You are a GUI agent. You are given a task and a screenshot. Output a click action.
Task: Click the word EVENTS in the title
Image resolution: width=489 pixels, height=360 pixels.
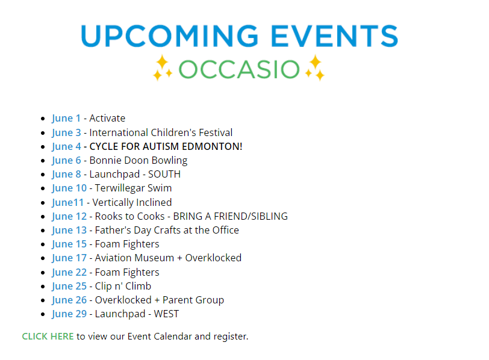[335, 36]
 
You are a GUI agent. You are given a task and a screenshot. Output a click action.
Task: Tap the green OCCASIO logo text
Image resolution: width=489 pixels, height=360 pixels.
[239, 69]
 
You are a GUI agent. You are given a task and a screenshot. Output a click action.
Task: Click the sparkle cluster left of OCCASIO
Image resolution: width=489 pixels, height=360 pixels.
[163, 67]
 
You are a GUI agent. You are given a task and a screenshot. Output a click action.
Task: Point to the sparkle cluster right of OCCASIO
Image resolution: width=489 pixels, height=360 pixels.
[315, 67]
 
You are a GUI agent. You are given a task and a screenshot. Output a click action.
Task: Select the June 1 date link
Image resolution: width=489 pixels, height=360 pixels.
[66, 119]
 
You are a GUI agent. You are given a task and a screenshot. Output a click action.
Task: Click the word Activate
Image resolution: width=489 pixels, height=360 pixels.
[107, 118]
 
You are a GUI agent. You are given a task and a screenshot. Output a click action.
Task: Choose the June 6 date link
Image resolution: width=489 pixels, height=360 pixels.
[66, 161]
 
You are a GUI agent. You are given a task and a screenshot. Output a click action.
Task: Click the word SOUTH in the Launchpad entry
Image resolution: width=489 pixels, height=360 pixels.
[164, 174]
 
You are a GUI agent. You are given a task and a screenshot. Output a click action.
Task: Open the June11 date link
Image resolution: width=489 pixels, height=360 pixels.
[68, 203]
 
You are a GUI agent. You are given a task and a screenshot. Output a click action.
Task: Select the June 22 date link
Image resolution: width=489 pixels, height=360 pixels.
[69, 273]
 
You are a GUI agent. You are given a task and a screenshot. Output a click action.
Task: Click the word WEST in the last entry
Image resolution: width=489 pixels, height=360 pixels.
[166, 314]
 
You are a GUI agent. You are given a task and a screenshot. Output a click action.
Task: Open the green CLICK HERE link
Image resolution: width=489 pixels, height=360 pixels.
[48, 337]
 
